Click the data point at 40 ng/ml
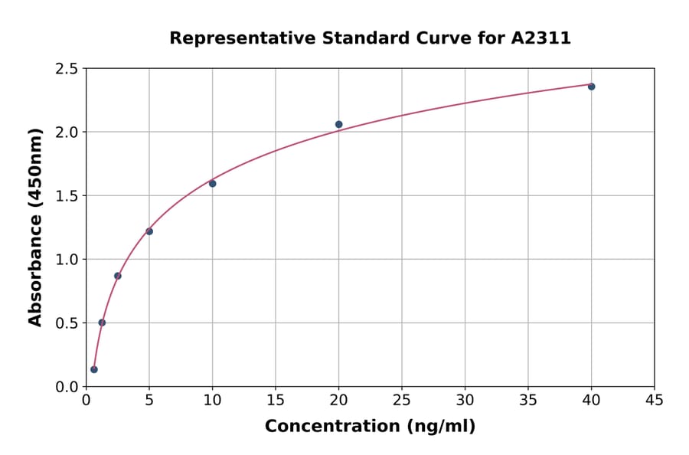coord(591,87)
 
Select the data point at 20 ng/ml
coord(338,124)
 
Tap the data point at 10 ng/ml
coord(212,184)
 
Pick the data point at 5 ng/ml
coord(149,231)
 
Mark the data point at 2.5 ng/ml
coord(118,276)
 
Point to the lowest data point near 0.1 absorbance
coord(94,369)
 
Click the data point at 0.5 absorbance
coord(102,322)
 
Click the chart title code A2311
coord(540,38)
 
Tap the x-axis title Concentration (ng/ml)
coord(370,426)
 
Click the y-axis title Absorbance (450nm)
coord(35,227)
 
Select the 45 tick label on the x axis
coord(655,400)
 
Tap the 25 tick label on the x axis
coord(402,400)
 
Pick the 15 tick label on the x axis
coord(276,400)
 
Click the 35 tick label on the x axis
coord(528,400)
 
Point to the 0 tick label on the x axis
coord(86,400)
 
